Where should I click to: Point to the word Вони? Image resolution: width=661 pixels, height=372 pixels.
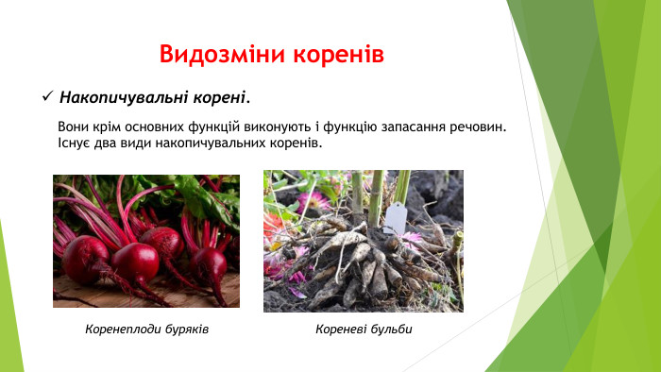click(74, 127)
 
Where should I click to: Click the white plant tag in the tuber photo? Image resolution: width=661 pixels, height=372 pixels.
click(394, 217)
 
